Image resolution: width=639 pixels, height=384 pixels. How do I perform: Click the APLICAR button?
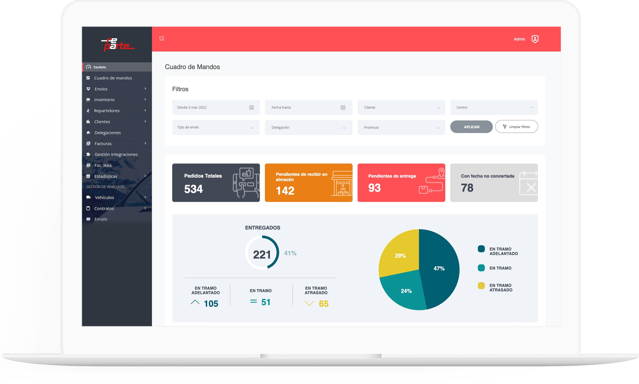pyautogui.click(x=471, y=127)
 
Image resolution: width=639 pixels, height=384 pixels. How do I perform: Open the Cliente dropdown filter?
pyautogui.click(x=401, y=108)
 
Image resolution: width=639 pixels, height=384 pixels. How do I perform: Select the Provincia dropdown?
pyautogui.click(x=401, y=128)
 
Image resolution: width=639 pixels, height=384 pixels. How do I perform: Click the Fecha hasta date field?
pyautogui.click(x=308, y=108)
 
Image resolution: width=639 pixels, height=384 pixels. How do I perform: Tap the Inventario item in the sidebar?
pyautogui.click(x=104, y=100)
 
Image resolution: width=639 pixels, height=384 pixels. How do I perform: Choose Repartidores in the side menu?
pyautogui.click(x=106, y=111)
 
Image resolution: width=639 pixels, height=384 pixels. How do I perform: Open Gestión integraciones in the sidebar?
pyautogui.click(x=116, y=154)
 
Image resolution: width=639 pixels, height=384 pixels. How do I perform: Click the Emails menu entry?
pyautogui.click(x=101, y=219)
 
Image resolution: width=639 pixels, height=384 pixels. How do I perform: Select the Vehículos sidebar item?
pyautogui.click(x=104, y=198)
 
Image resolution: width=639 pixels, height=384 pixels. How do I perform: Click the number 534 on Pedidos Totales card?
pyautogui.click(x=193, y=189)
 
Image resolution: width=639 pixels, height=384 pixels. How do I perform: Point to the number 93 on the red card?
pyautogui.click(x=374, y=188)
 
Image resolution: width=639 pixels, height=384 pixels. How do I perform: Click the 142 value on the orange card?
pyautogui.click(x=285, y=191)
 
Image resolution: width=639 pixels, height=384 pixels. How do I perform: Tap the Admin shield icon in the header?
pyautogui.click(x=535, y=39)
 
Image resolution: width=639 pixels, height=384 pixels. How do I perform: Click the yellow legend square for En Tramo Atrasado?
pyautogui.click(x=481, y=286)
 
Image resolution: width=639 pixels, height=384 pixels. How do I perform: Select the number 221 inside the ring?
pyautogui.click(x=262, y=255)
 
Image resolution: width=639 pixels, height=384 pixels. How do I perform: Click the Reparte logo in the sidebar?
pyautogui.click(x=117, y=44)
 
